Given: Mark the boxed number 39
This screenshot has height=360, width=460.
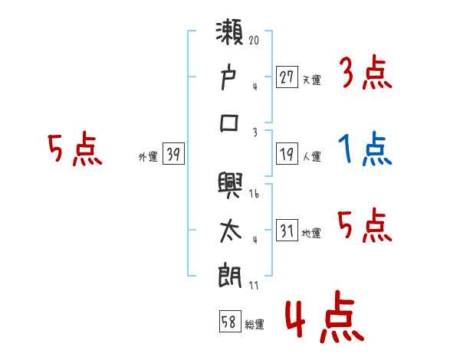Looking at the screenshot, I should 173,155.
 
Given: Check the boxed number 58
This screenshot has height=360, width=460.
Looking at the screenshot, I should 229,322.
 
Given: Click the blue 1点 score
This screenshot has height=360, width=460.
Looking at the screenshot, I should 365,149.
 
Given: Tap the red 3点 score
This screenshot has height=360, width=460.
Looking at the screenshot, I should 365,74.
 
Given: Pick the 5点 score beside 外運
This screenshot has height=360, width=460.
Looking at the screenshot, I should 74,149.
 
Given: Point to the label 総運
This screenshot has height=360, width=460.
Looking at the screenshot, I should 255,325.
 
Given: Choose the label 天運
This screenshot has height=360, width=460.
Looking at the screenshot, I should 312,79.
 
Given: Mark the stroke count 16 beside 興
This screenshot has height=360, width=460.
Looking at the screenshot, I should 254,195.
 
